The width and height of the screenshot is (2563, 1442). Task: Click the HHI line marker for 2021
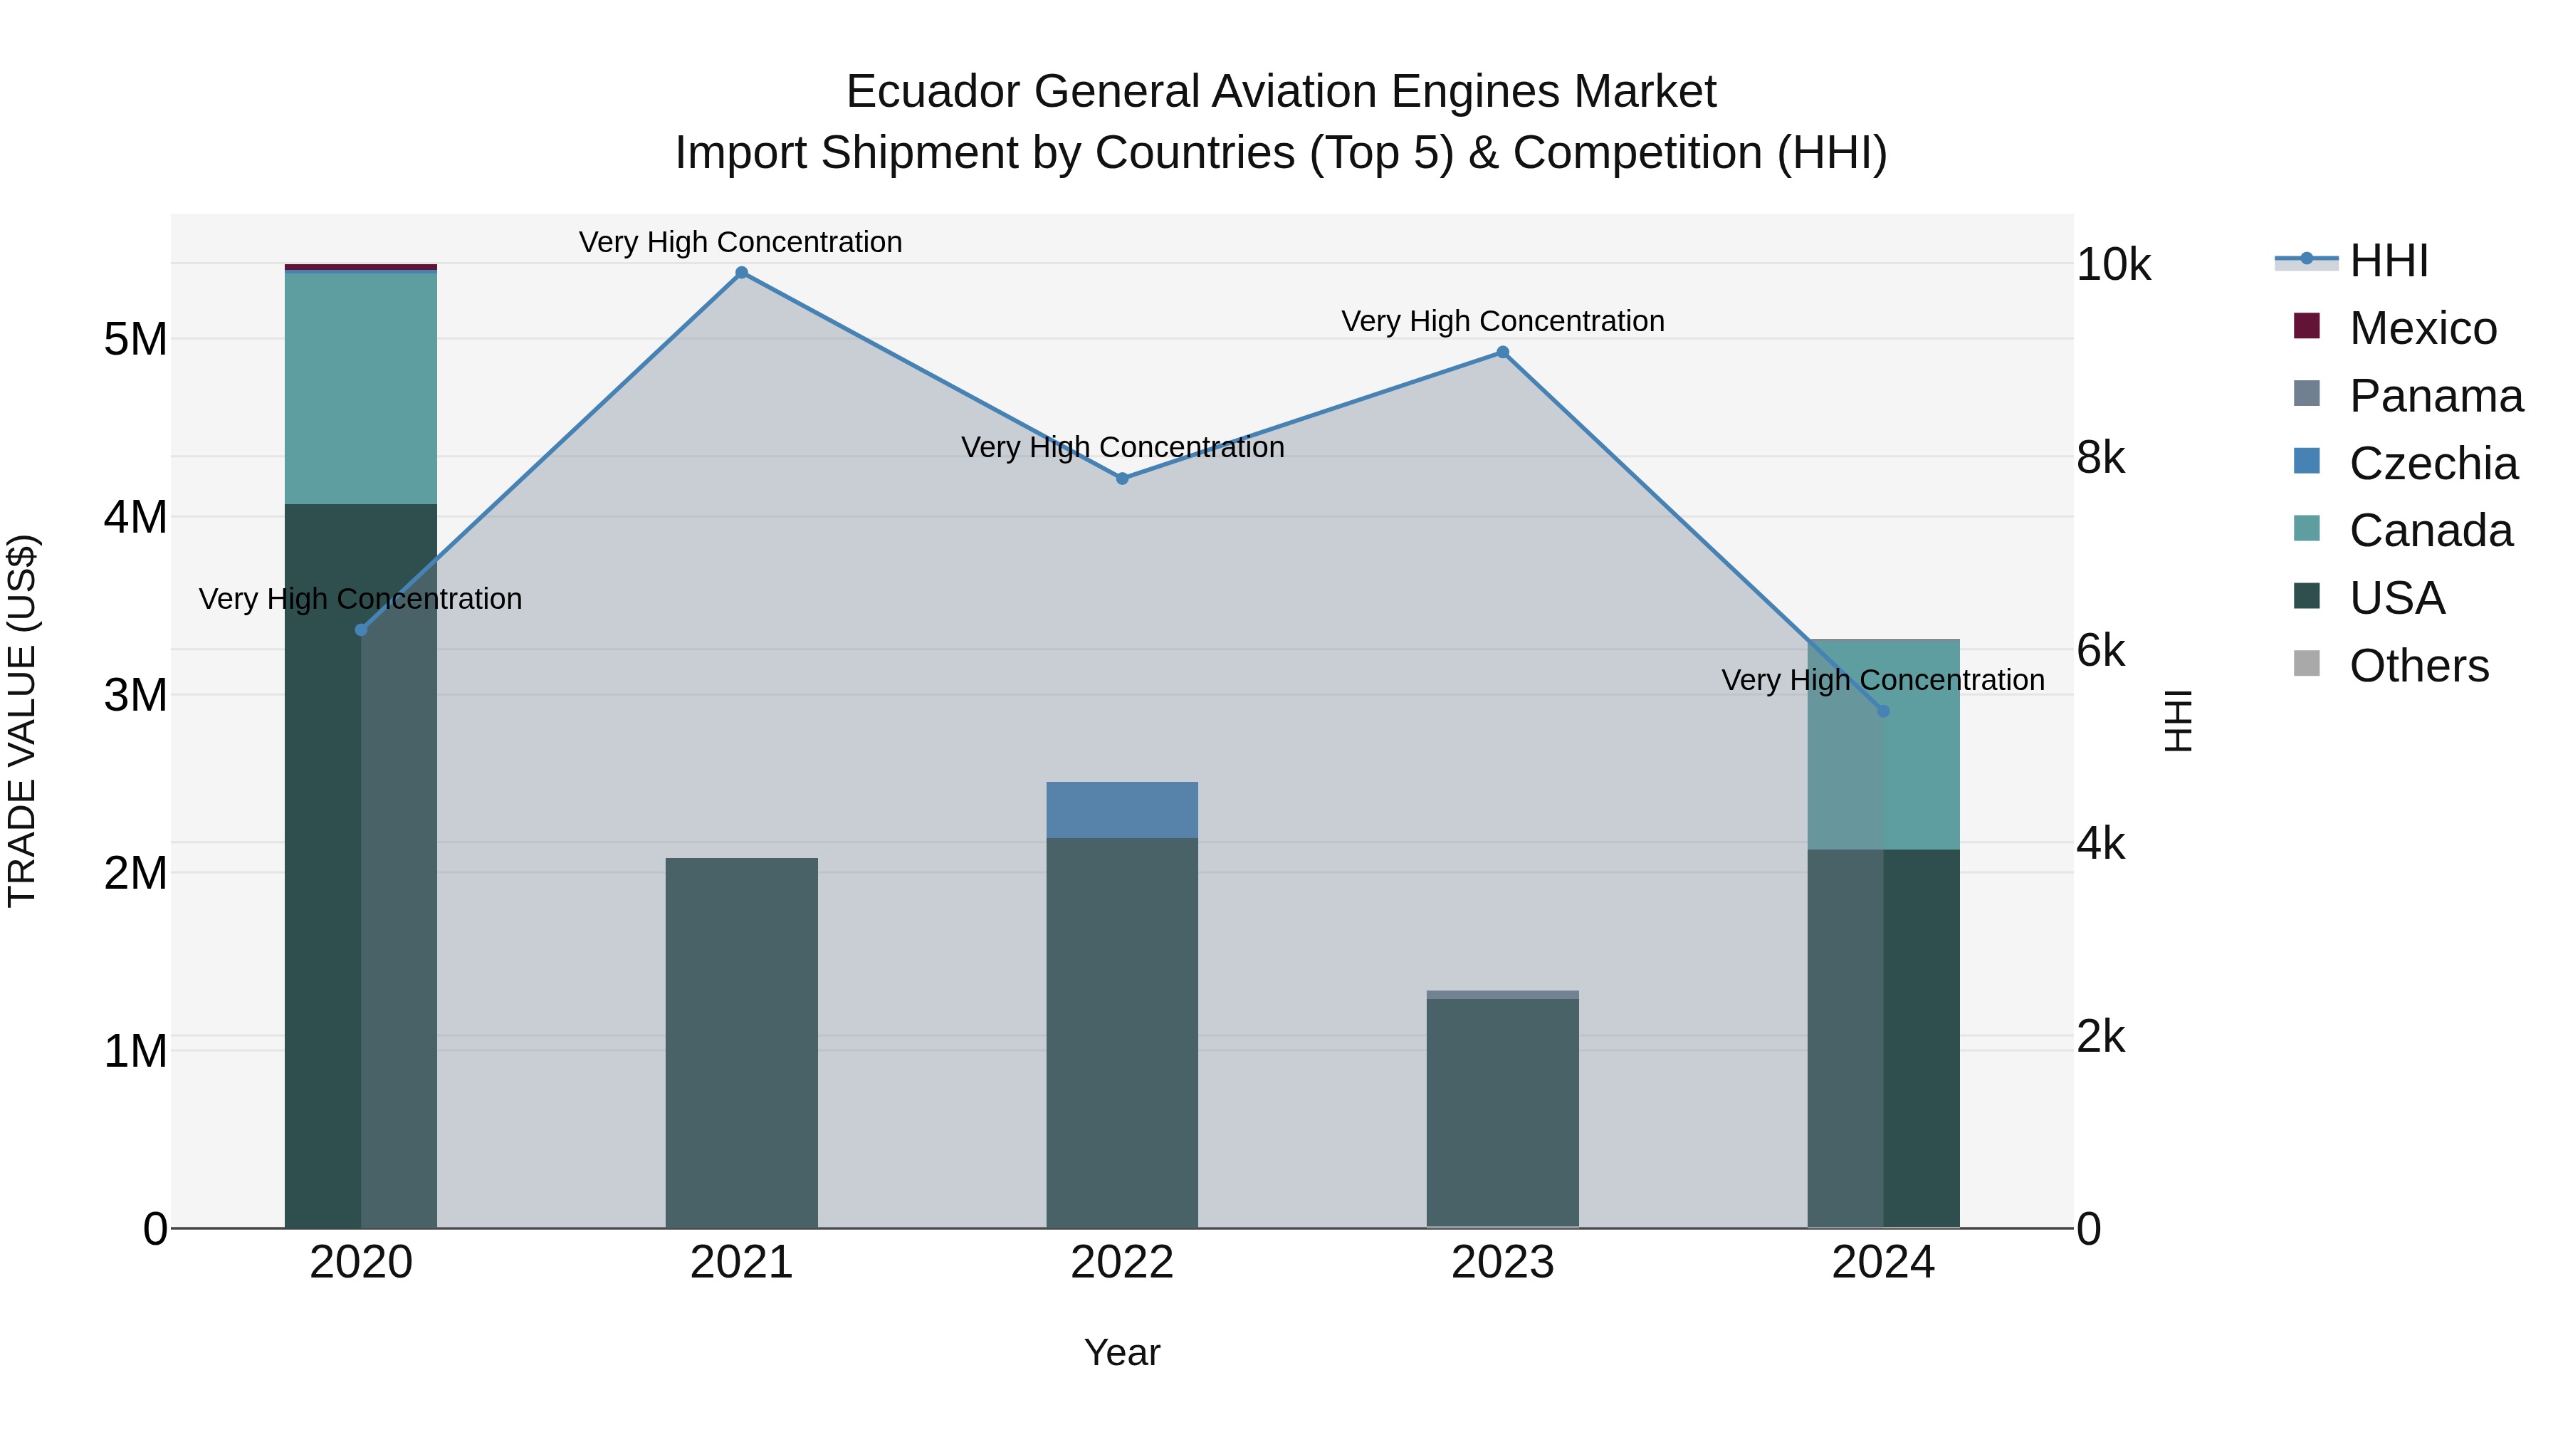click(741, 273)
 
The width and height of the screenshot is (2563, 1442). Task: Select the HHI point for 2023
click(1502, 352)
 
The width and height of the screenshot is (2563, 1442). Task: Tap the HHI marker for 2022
click(1122, 479)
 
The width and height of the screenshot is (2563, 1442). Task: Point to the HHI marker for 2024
click(1882, 711)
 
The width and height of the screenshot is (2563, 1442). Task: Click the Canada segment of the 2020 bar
click(360, 388)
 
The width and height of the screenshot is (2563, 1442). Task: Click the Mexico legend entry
click(2422, 328)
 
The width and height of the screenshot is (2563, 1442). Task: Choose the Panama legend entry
click(2435, 396)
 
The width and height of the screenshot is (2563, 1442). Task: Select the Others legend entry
click(2418, 666)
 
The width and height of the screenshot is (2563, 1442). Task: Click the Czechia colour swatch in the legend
click(2306, 461)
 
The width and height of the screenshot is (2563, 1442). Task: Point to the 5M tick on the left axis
click(136, 340)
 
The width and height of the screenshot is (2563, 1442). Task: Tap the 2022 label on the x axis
click(1122, 1263)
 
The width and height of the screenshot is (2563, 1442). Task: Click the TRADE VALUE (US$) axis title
click(22, 721)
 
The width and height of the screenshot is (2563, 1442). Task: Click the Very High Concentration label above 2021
click(741, 242)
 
